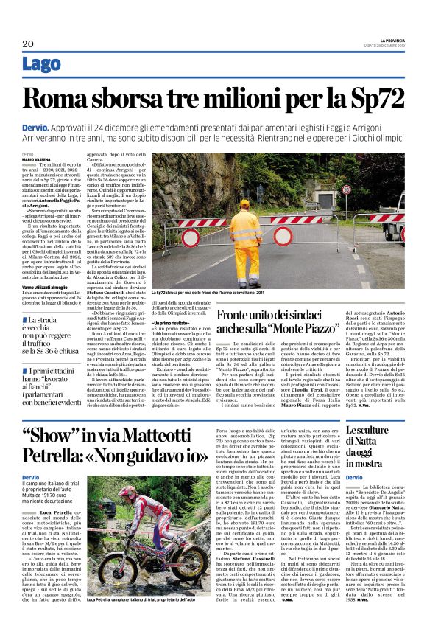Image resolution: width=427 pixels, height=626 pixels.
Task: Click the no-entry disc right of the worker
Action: point(283,236)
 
